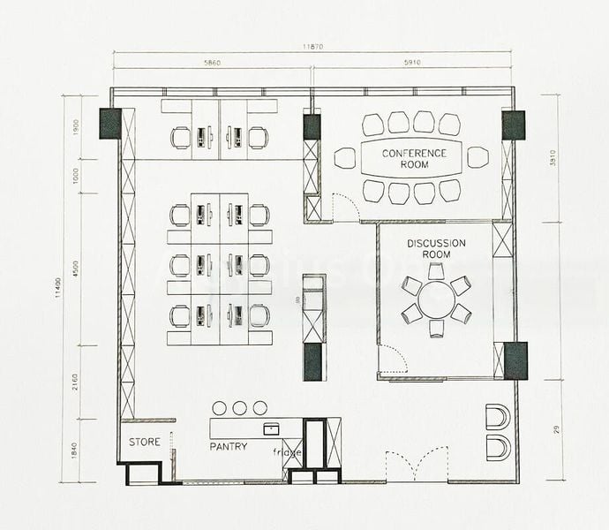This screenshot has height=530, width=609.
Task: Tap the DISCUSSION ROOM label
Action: [x=436, y=248]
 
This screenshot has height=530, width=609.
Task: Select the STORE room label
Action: [x=145, y=442]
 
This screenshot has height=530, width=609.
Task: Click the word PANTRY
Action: [x=229, y=447]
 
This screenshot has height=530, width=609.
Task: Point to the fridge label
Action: [x=287, y=453]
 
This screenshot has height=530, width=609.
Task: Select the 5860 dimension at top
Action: [x=212, y=64]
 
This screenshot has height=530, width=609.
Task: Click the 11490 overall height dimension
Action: [x=59, y=284]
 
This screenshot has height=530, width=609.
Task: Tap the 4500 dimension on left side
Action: [x=76, y=269]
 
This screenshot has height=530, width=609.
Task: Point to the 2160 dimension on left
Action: [x=76, y=382]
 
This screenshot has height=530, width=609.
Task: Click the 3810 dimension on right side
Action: [x=553, y=159]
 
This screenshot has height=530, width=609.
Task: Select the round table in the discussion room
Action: [x=436, y=300]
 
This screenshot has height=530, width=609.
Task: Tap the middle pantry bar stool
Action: [x=239, y=407]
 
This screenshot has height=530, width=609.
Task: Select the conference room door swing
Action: [x=344, y=208]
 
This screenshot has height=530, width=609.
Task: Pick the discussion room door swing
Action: [x=394, y=360]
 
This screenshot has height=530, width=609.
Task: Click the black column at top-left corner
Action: [x=109, y=124]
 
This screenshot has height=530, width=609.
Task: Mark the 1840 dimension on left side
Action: [x=76, y=450]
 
